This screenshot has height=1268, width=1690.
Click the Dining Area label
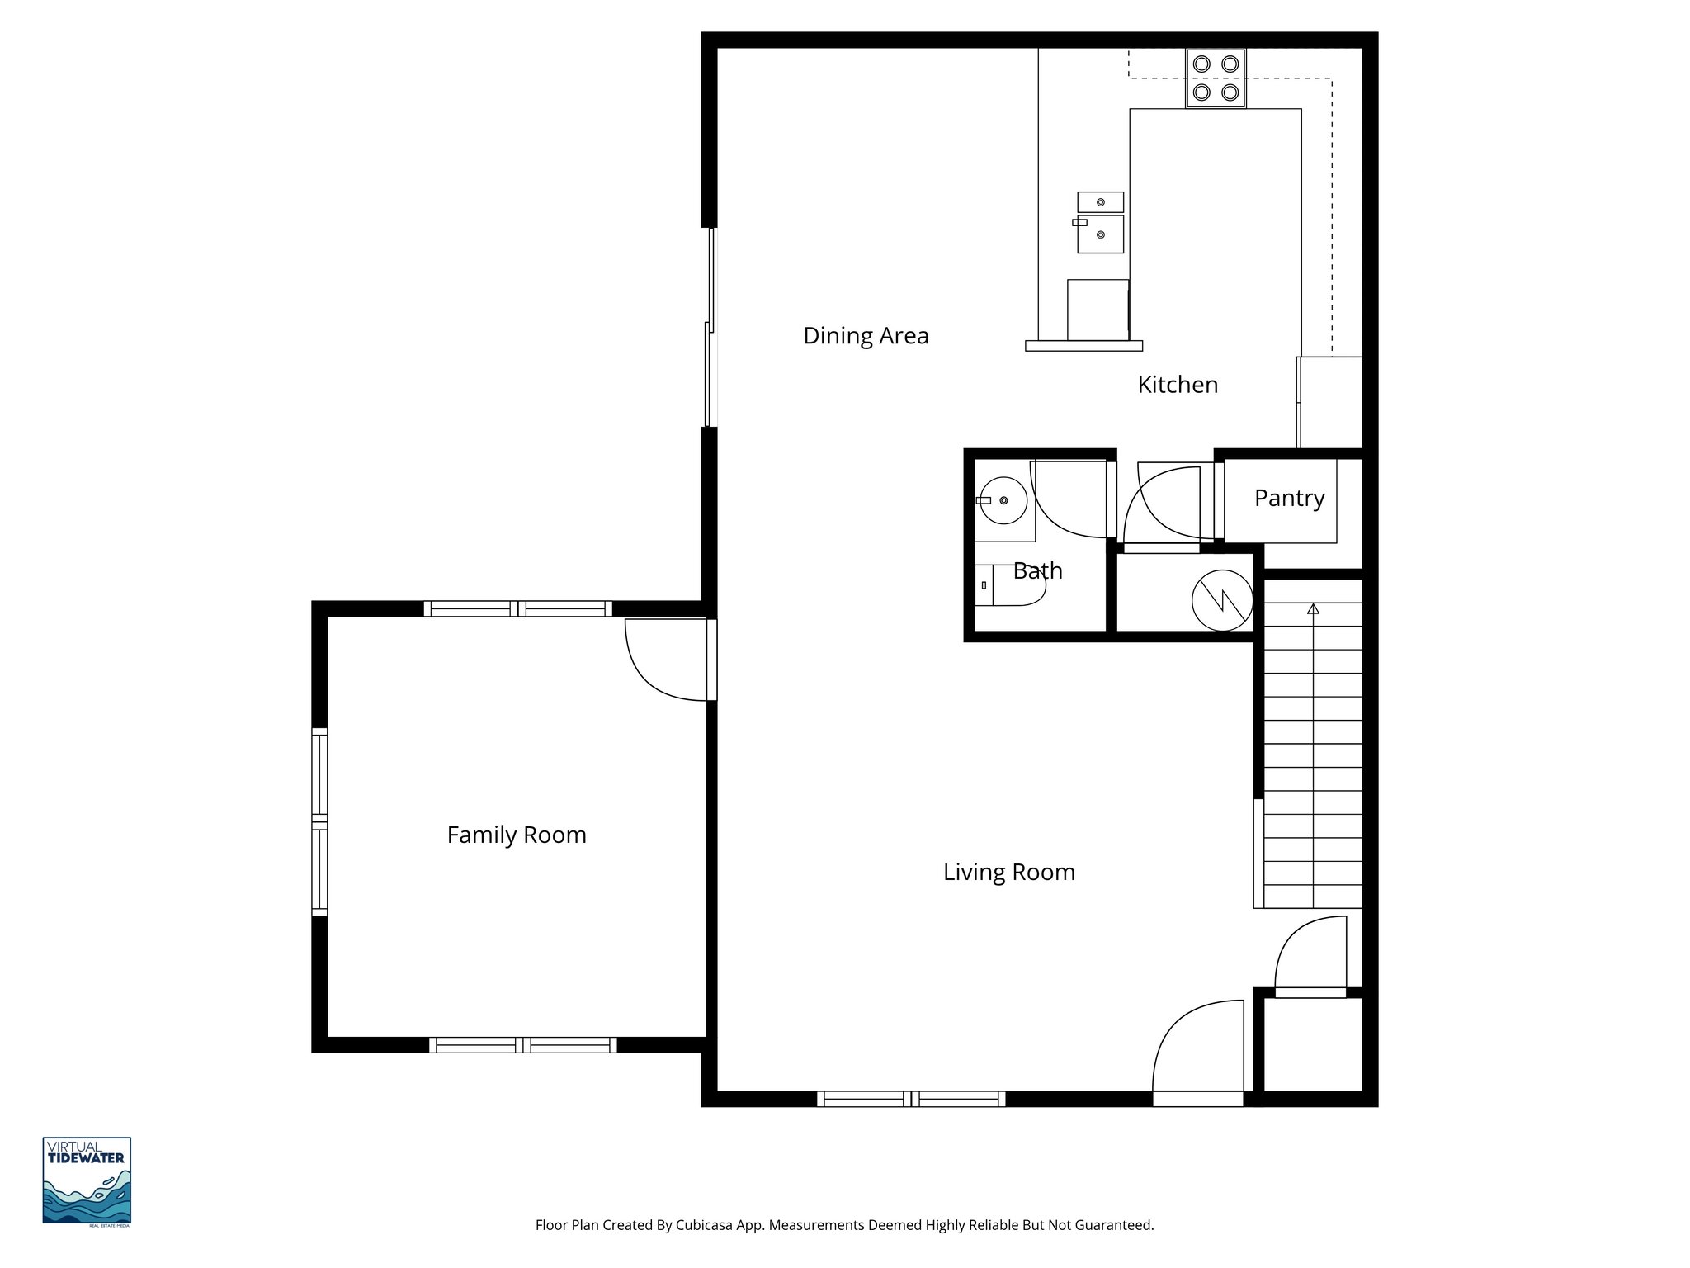(x=866, y=336)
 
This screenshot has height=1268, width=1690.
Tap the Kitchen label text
(x=1178, y=385)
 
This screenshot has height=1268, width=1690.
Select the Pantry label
(x=1289, y=498)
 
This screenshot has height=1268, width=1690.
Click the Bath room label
(x=1037, y=570)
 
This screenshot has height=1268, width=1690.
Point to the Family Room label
(x=517, y=835)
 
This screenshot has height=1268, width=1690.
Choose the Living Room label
(x=1008, y=873)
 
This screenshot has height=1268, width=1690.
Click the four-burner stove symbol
(x=1216, y=78)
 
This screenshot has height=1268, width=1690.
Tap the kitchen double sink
(x=1100, y=223)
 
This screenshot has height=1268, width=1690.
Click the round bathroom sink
(x=1003, y=500)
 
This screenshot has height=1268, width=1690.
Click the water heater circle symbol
(x=1222, y=600)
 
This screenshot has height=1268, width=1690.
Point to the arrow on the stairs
(x=1313, y=610)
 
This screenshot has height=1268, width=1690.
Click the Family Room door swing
(x=664, y=660)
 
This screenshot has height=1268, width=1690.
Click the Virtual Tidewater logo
(x=87, y=1180)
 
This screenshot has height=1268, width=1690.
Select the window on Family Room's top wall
(x=518, y=609)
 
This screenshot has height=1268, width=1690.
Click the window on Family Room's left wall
(x=319, y=822)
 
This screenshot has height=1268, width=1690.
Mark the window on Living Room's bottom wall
(x=911, y=1099)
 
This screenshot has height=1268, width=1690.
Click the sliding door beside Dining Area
(x=710, y=328)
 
